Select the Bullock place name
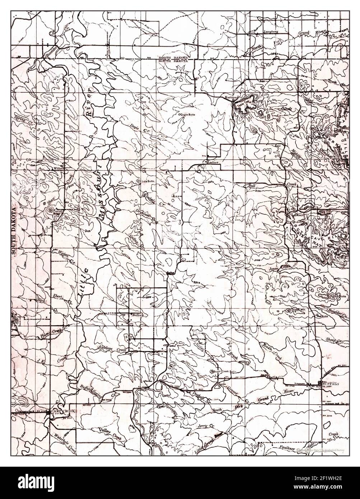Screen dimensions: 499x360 [138, 315]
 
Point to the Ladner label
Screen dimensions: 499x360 [213, 162]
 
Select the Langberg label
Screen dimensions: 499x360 [271, 32]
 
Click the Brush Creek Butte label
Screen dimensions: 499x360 [225, 371]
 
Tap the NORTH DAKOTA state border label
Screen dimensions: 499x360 [173, 57]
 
